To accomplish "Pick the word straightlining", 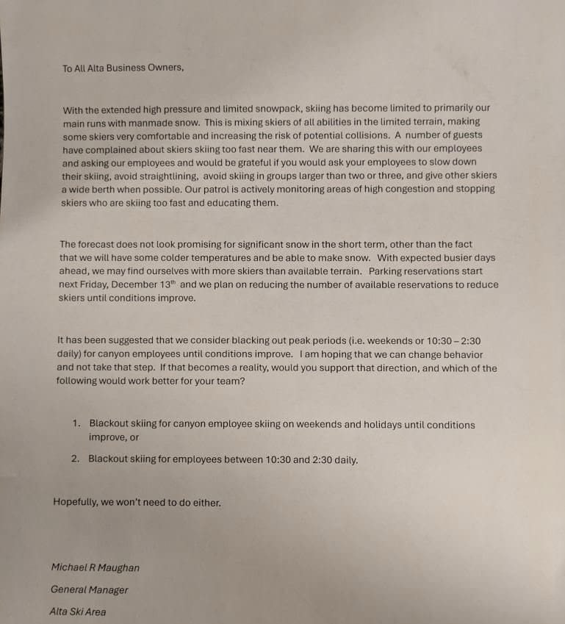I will [168, 176].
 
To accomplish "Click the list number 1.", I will [76, 424].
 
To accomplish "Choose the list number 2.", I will [76, 459].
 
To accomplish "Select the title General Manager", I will [89, 589].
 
